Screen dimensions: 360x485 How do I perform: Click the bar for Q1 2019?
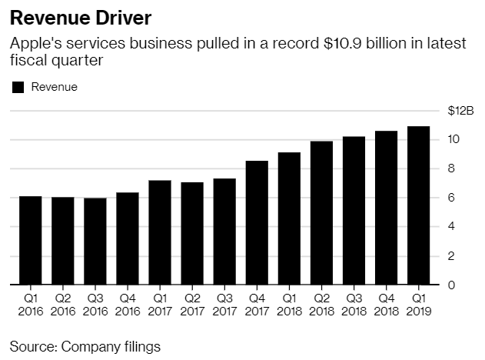coord(418,205)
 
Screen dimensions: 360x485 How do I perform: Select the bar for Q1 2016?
coord(30,240)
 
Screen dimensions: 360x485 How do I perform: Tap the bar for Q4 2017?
coord(257,222)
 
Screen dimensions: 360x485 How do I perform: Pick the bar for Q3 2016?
coord(95,241)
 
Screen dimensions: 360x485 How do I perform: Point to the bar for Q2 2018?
coord(321,212)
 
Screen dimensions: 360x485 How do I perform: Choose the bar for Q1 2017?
coord(159,232)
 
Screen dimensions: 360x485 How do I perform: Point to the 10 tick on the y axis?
coord(454,139)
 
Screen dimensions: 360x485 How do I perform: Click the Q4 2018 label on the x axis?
coord(386,305)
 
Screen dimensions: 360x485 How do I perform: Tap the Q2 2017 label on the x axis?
coord(191,305)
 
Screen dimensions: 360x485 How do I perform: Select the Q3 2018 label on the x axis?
coord(354,305)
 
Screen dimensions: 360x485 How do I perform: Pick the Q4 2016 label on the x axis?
coord(127,305)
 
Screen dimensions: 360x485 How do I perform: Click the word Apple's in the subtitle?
coord(34,44)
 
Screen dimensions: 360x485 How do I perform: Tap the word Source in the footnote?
coord(32,346)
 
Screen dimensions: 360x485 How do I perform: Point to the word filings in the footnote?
coord(138,346)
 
